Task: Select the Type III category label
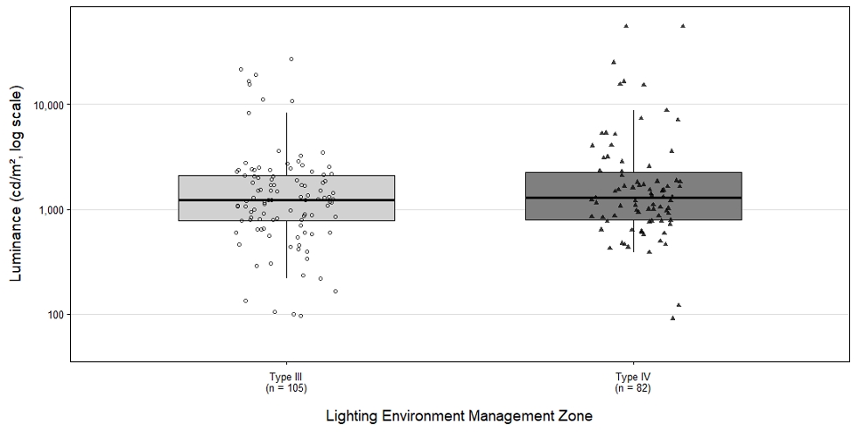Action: point(286,377)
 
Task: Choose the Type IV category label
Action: point(633,377)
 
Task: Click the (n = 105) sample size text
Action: point(286,388)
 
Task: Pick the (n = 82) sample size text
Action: point(633,388)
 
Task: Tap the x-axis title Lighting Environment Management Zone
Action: point(459,416)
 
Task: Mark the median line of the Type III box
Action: point(286,200)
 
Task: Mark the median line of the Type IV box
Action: point(633,198)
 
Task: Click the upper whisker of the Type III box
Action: point(286,144)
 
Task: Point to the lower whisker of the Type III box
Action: point(286,249)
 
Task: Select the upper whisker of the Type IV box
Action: point(633,142)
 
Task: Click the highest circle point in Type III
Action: point(291,59)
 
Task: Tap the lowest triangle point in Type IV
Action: point(672,317)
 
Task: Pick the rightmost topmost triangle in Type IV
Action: point(682,25)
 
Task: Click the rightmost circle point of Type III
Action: point(335,291)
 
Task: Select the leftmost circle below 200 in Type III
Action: point(246,301)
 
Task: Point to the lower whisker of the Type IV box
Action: point(633,236)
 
